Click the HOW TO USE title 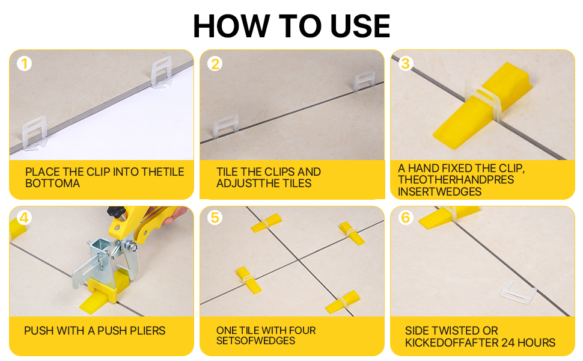click(291, 25)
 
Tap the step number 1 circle click(24, 63)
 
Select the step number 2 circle click(215, 63)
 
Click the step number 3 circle click(406, 63)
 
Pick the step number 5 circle click(215, 217)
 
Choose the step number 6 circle click(406, 217)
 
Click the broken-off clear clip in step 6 click(519, 292)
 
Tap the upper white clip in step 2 click(364, 82)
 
